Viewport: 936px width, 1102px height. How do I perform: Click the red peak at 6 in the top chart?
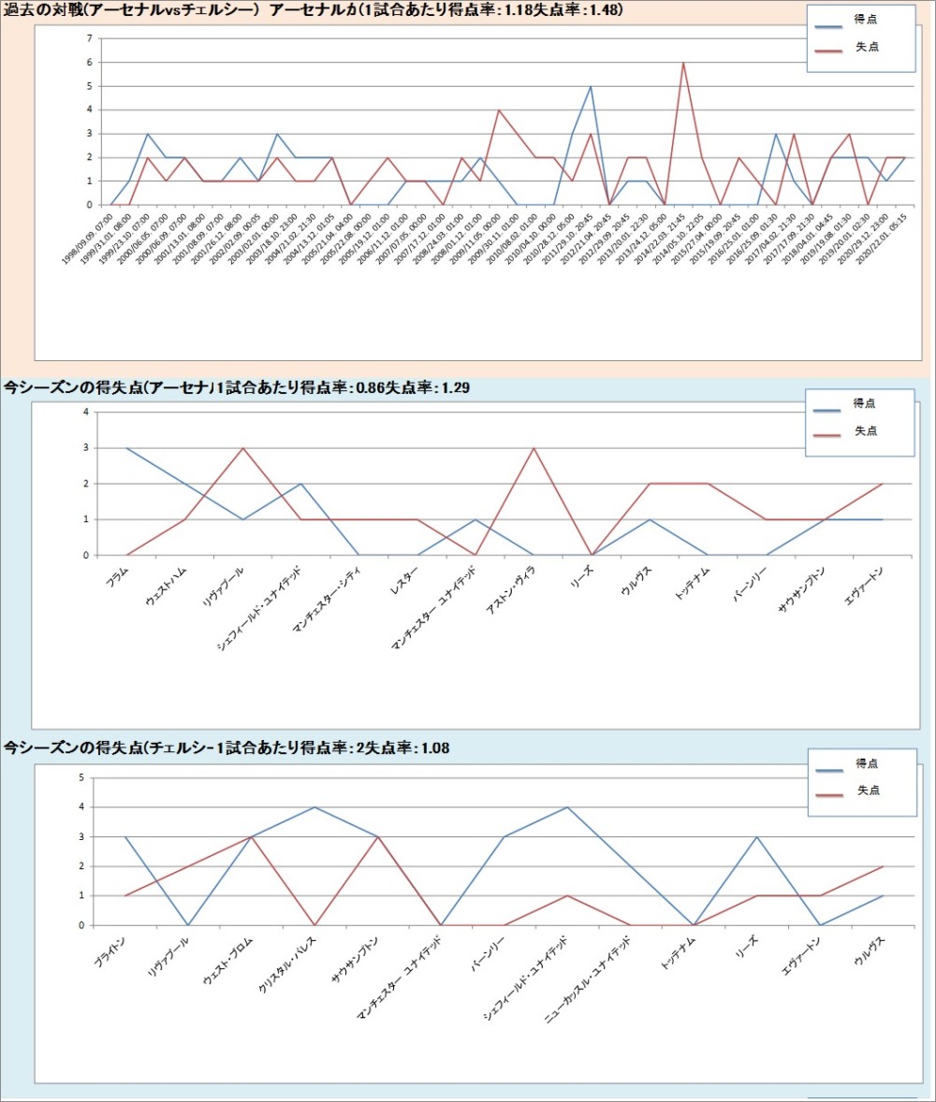pos(683,63)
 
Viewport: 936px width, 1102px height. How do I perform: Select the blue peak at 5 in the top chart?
pos(591,86)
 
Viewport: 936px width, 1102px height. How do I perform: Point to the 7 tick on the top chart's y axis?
pos(89,38)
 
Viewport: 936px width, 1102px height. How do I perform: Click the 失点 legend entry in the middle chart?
pos(867,431)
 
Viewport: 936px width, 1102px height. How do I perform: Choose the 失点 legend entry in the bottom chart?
pos(869,790)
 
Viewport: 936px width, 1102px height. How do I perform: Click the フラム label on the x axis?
pos(118,574)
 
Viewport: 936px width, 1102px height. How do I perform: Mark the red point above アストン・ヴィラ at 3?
pos(534,448)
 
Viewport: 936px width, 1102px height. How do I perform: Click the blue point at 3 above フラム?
pos(126,448)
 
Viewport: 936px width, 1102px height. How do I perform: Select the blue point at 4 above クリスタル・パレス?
pos(314,806)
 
